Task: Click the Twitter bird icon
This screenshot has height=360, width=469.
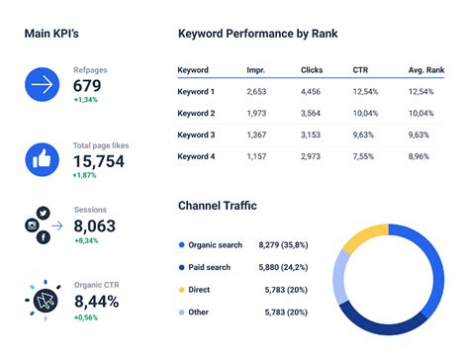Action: [x=43, y=213]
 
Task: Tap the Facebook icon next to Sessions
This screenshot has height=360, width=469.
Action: [x=45, y=238]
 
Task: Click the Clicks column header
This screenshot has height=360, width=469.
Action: [x=312, y=70]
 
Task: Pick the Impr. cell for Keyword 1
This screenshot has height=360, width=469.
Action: [x=256, y=92]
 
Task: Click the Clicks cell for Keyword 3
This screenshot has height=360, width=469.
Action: [x=312, y=135]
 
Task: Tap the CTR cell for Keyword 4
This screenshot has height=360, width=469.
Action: [x=363, y=156]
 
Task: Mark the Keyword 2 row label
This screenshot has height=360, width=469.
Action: [x=196, y=114]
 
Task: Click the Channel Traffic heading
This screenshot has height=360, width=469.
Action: [x=217, y=206]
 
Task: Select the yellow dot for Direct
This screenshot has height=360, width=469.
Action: [x=182, y=289]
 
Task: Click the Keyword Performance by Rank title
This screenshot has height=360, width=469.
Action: [x=257, y=34]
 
